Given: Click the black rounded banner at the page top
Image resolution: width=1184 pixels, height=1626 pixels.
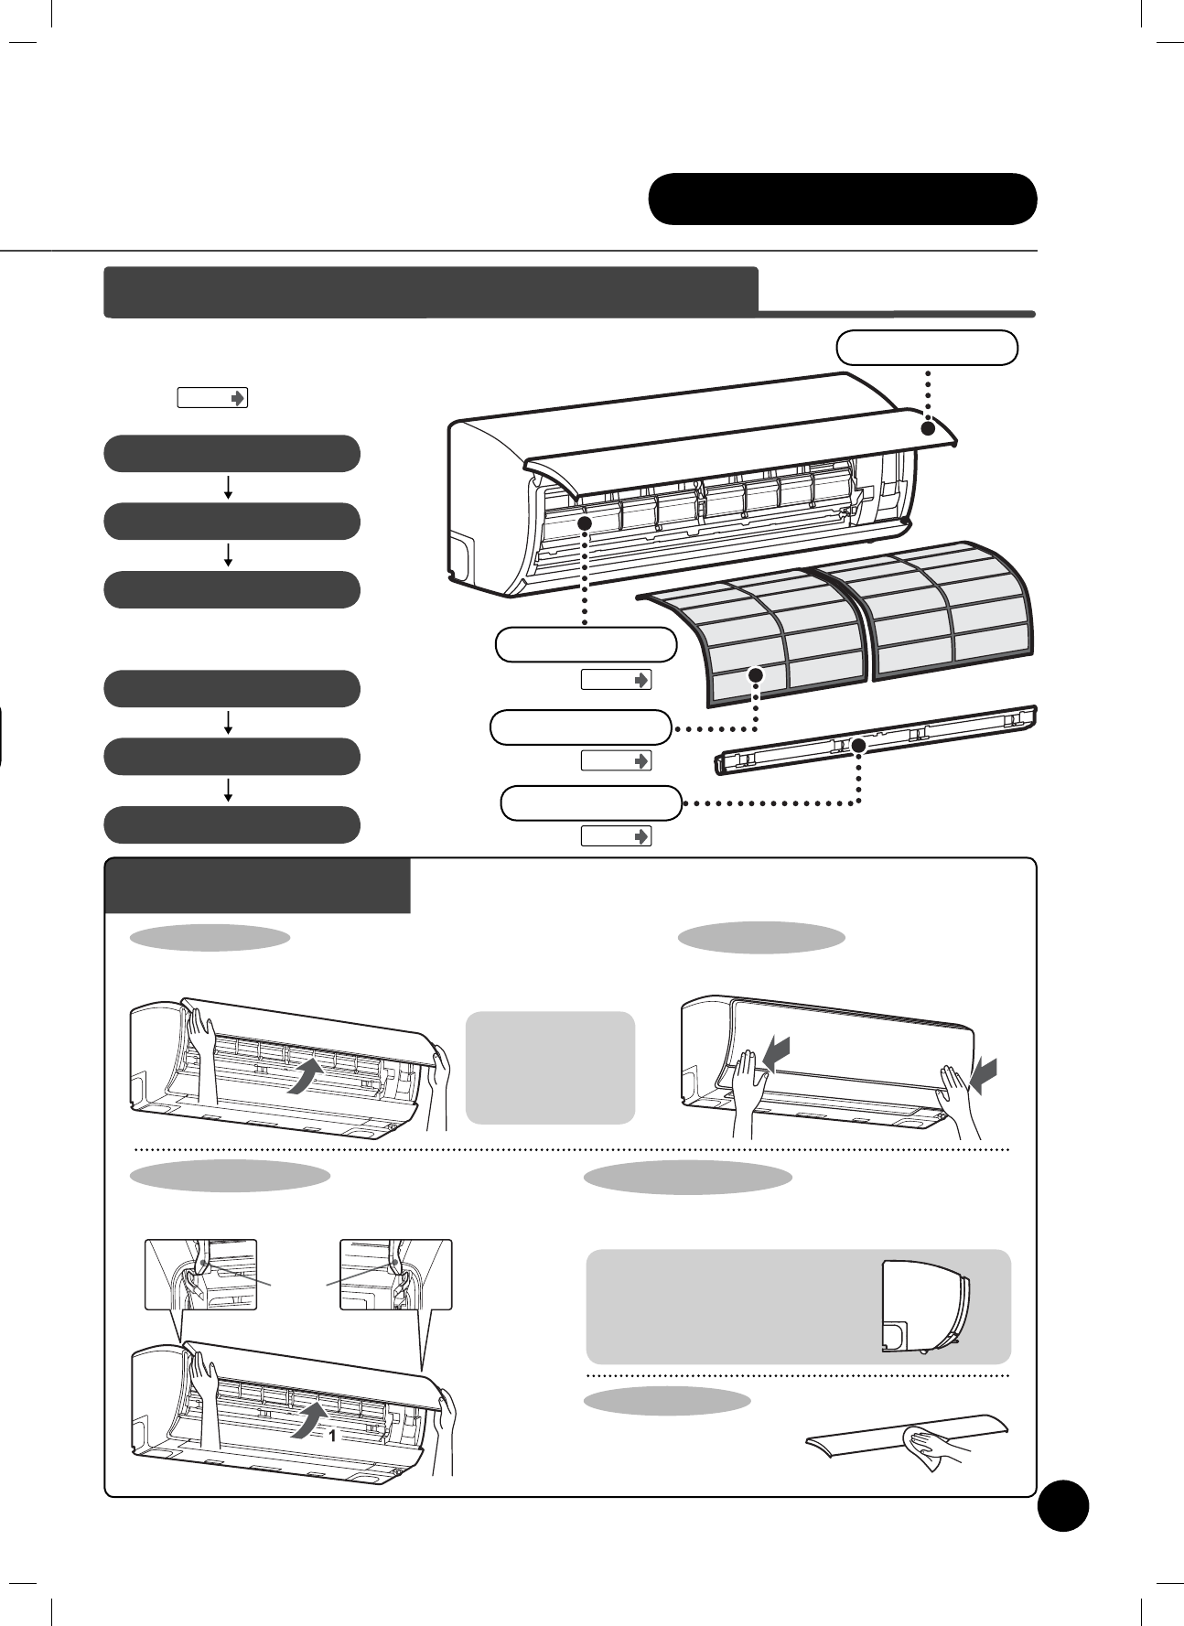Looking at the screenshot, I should tap(842, 199).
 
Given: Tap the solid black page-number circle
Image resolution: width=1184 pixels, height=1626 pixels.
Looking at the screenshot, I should tap(1063, 1505).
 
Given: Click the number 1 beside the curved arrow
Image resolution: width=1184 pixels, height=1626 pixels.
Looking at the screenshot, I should tap(332, 1437).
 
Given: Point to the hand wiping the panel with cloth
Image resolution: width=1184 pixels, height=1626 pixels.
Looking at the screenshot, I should tap(932, 1444).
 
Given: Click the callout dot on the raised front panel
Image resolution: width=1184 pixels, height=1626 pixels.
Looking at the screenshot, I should tap(928, 428).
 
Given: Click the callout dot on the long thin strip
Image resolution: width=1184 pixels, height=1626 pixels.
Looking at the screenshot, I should tap(858, 746).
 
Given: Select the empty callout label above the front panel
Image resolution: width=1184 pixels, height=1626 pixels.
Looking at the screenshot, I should tap(927, 348).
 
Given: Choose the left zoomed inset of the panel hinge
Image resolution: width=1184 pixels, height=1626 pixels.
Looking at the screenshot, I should tap(201, 1274).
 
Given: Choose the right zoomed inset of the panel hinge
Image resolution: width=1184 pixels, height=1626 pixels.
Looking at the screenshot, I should tap(395, 1274).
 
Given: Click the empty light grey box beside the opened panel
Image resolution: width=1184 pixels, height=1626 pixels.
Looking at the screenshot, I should tap(550, 1067).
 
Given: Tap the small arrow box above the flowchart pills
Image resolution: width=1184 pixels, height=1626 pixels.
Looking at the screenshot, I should tap(211, 398).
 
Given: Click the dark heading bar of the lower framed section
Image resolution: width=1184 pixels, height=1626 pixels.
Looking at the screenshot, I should tap(257, 886).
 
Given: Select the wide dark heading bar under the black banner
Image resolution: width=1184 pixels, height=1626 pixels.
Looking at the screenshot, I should tap(431, 292).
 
